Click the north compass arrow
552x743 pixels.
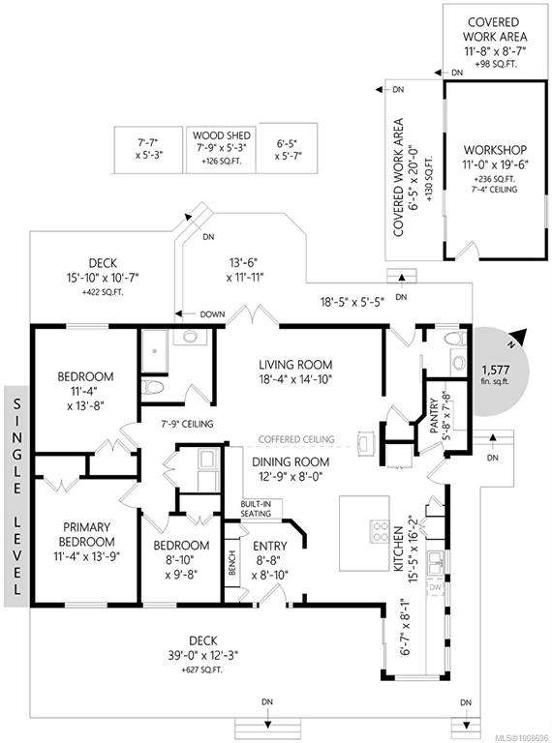pyautogui.click(x=519, y=336)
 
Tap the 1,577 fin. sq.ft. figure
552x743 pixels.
pyautogui.click(x=496, y=373)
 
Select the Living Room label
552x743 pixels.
pyautogui.click(x=295, y=365)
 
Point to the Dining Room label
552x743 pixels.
pyautogui.click(x=291, y=462)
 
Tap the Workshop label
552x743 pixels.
pyautogui.click(x=495, y=150)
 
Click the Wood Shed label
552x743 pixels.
pyautogui.click(x=222, y=135)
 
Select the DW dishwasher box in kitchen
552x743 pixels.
pyautogui.click(x=436, y=587)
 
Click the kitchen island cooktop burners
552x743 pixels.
pyautogui.click(x=380, y=531)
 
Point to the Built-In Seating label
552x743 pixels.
pyautogui.click(x=256, y=509)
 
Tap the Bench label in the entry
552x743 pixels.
pyautogui.click(x=232, y=563)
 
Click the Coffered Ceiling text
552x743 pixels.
pyautogui.click(x=296, y=439)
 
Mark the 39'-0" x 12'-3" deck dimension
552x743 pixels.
pyautogui.click(x=203, y=656)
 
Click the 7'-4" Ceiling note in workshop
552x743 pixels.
pyautogui.click(x=495, y=190)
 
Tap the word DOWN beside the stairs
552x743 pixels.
pyautogui.click(x=212, y=314)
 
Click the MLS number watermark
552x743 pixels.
pyautogui.click(x=522, y=738)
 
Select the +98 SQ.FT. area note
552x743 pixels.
pyautogui.click(x=495, y=65)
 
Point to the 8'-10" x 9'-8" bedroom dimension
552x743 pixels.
pyautogui.click(x=181, y=567)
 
